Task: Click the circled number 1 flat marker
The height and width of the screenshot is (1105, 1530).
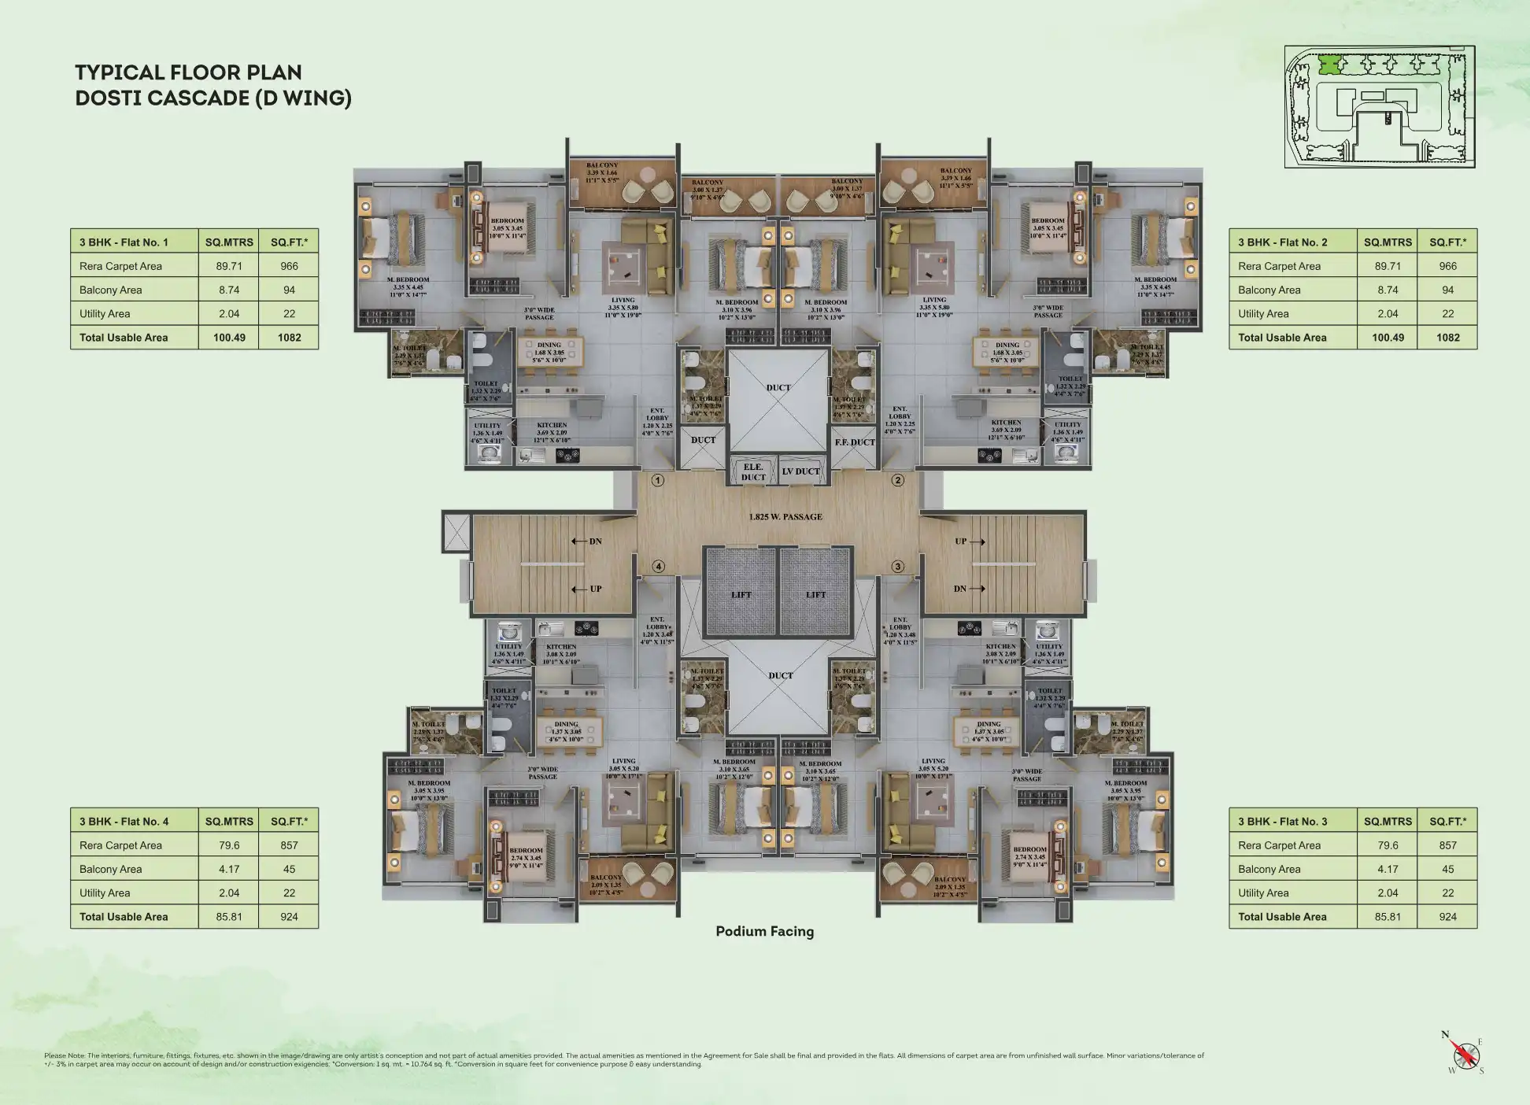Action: (658, 480)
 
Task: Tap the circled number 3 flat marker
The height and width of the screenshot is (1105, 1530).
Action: (897, 566)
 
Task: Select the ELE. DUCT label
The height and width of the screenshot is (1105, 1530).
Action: (753, 472)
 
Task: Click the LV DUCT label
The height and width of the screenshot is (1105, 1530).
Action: (801, 471)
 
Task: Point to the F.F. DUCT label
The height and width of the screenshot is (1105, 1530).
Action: (855, 442)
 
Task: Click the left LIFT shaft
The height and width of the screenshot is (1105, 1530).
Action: (741, 592)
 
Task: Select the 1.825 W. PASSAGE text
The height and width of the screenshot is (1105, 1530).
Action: (785, 517)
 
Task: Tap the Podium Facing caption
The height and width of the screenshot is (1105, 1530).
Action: (764, 931)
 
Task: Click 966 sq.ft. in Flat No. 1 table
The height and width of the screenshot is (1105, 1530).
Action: (289, 266)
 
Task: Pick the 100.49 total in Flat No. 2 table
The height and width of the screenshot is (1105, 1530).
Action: (1388, 338)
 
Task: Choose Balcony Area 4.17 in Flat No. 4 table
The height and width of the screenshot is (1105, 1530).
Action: (229, 869)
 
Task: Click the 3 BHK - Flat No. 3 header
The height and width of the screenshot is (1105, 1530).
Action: (1282, 821)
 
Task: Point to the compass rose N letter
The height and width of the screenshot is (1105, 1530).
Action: (1445, 1035)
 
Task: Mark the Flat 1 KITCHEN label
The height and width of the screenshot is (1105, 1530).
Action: (552, 425)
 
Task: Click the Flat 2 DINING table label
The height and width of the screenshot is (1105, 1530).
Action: (1007, 345)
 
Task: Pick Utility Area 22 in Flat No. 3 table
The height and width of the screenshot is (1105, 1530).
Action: (1447, 893)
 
